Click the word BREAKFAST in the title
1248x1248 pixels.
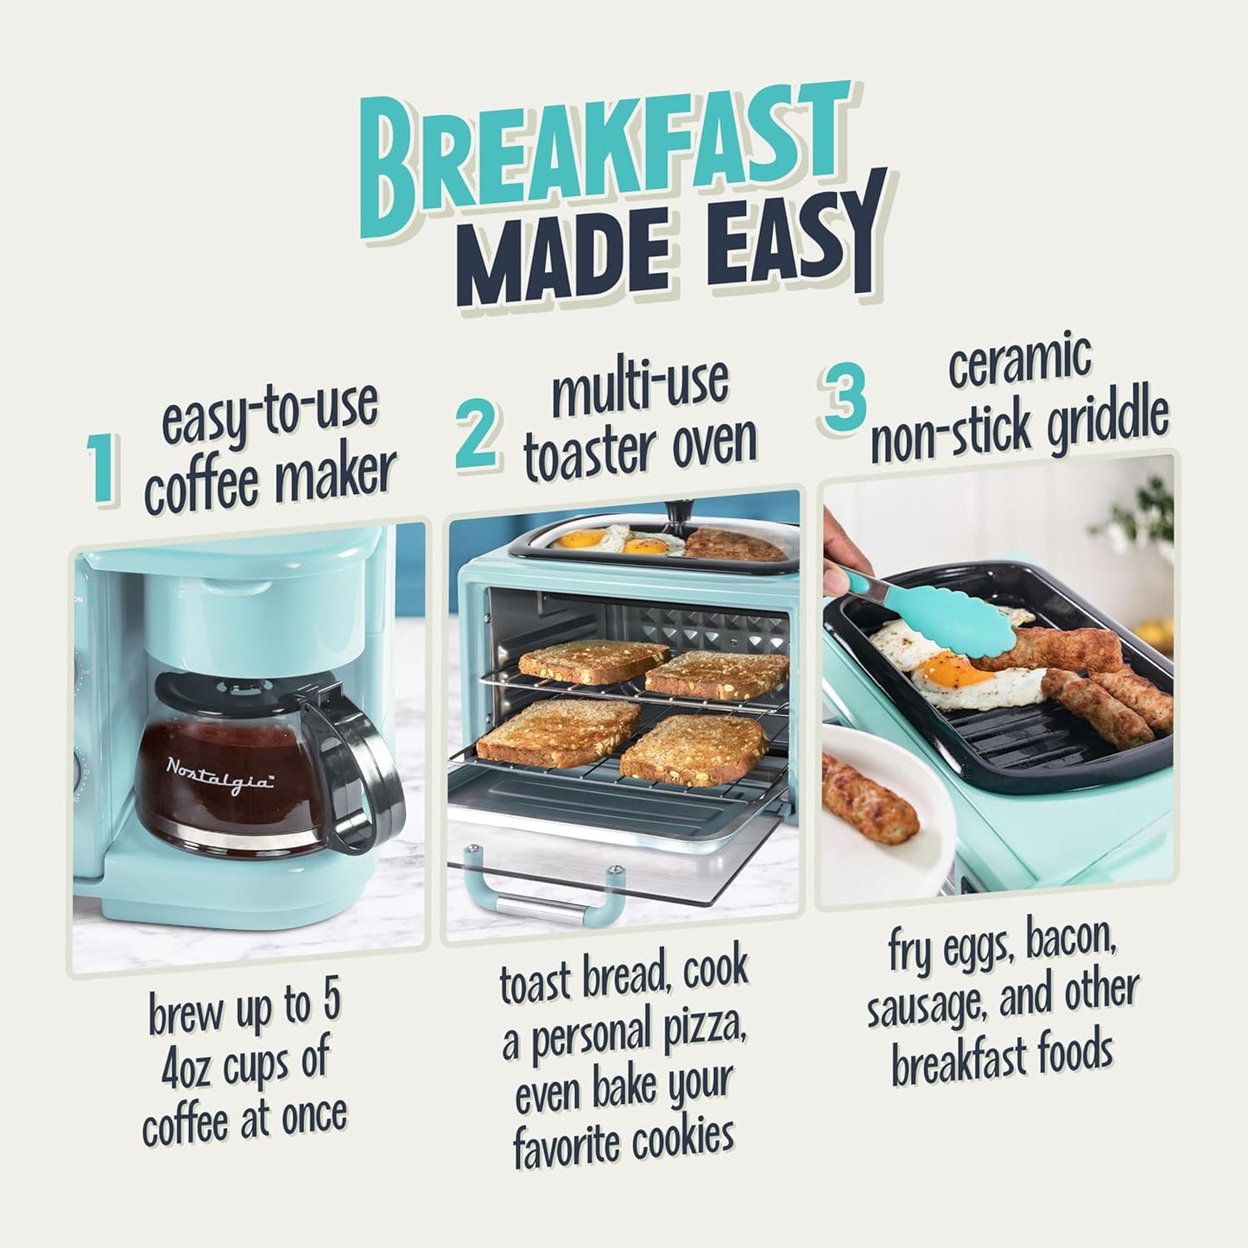point(605,155)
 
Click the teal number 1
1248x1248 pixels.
point(104,471)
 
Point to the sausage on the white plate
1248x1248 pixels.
point(868,799)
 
